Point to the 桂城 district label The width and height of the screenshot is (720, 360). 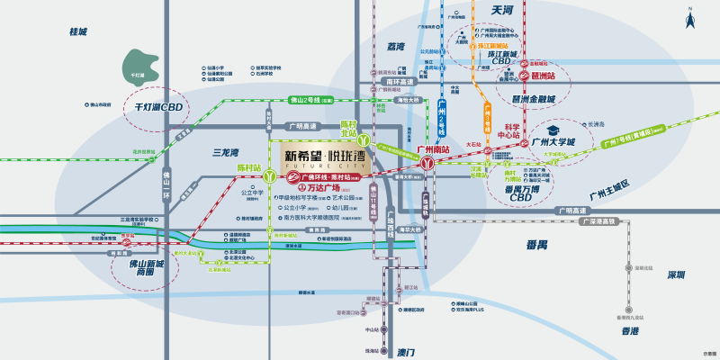[x=78, y=31]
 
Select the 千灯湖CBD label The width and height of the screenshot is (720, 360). [x=153, y=109]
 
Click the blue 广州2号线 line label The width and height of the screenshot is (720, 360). [x=442, y=117]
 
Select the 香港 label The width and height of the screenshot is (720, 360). [x=628, y=332]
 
